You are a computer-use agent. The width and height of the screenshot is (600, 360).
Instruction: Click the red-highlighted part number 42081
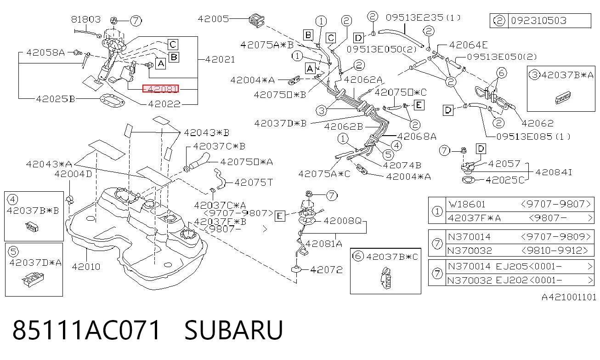160,88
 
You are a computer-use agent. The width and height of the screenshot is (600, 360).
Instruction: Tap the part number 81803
86,19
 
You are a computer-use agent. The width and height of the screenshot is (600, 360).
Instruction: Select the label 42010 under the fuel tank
86,267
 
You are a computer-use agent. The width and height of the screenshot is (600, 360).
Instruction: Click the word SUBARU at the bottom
233,330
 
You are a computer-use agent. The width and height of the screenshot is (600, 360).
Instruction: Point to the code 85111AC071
86,330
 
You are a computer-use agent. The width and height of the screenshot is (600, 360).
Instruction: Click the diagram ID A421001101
569,297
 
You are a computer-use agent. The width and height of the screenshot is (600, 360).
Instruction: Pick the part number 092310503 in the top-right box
538,21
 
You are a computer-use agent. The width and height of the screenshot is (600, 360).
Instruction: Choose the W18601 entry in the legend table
467,204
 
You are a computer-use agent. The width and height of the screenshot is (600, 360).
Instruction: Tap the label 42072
326,269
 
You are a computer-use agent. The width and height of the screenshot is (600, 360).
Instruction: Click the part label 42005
213,19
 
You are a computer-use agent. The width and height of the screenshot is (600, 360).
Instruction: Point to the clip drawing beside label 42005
256,20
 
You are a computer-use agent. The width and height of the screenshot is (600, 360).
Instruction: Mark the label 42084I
554,172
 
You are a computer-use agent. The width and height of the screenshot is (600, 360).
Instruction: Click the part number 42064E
468,45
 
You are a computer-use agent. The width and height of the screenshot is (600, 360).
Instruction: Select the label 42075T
254,182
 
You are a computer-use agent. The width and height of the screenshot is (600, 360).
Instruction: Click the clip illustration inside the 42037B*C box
386,278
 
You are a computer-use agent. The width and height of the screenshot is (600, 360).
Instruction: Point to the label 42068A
417,137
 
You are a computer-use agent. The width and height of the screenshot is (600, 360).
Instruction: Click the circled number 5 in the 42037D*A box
13,251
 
